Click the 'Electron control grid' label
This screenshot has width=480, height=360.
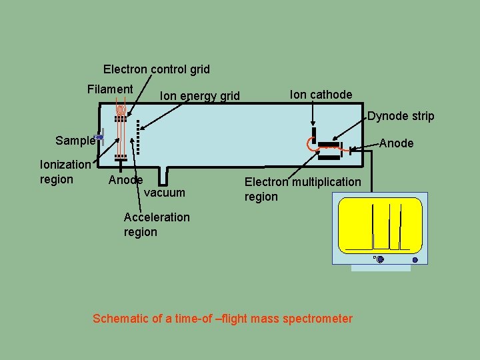(156, 69)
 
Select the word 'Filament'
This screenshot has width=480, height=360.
(110, 89)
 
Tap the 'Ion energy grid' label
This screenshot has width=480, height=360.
(199, 96)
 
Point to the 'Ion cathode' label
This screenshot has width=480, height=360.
(321, 95)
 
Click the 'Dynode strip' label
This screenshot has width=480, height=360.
(401, 116)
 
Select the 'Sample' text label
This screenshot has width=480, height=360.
(75, 141)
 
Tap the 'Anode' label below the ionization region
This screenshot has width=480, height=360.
(125, 180)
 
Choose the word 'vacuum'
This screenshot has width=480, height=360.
(165, 193)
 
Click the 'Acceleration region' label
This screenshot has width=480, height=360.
(157, 225)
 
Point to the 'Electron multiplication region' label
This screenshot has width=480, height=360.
(302, 189)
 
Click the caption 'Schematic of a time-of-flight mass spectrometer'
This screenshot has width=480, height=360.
(223, 319)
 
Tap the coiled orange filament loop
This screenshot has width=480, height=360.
(121, 108)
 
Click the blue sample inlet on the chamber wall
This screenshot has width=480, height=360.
(99, 137)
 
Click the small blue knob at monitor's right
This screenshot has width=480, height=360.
(415, 260)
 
